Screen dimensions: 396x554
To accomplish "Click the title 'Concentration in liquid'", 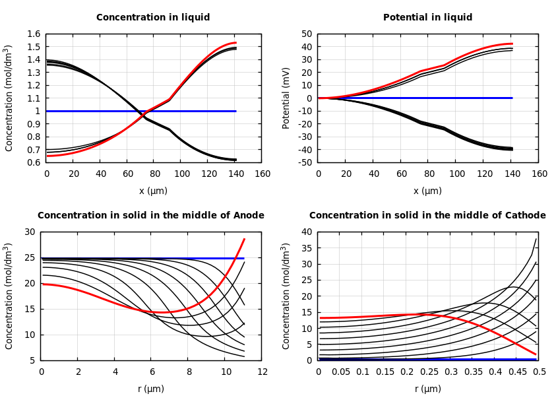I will pos(153,18).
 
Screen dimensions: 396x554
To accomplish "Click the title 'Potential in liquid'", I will pos(428,18).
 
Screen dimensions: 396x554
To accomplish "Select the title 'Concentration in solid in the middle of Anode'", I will pos(151,216).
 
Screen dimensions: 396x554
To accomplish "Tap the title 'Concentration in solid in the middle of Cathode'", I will pos(427,216).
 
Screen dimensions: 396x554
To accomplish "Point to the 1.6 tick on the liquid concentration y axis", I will pos(33,34).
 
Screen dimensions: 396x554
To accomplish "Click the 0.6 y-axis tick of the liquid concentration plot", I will pos(33,162).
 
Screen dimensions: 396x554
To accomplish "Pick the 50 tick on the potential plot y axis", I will pos(305,34).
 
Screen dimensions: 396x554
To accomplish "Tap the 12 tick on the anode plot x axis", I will pos(262,372).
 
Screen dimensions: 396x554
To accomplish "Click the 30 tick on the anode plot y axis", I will pos(29,232).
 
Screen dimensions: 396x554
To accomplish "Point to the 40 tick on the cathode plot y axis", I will pos(306,232).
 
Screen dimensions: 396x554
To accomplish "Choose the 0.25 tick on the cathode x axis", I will pos(429,372).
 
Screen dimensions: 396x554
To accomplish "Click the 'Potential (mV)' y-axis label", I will pos(286,98).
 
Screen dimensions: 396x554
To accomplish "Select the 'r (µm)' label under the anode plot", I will pos(151,389).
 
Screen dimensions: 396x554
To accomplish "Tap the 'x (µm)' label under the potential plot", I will pos(428,191).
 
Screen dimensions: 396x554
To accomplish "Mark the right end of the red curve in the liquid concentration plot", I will pos(235,43).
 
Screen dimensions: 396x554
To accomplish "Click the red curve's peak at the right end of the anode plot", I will pos(244,239).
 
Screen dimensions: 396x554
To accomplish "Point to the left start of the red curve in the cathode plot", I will pos(320,318).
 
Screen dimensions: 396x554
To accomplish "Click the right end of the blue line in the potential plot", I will pos(512,98).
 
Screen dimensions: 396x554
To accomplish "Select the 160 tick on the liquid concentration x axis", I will pos(262,174).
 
